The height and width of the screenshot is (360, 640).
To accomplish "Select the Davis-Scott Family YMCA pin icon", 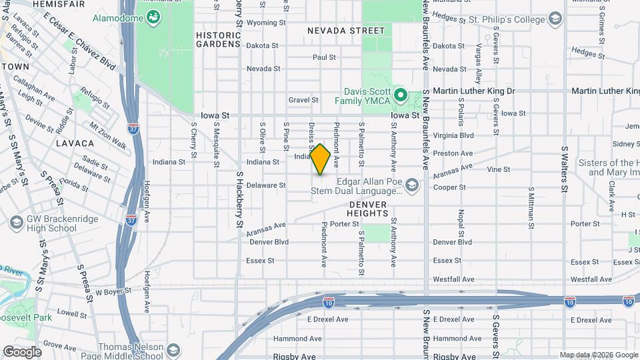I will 400,95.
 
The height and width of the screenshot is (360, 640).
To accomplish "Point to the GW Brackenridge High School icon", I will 15,221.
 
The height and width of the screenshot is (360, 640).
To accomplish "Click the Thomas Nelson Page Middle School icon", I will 173,350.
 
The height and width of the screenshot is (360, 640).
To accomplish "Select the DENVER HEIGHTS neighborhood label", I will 367,207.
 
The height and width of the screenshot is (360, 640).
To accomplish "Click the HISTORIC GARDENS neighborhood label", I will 218,39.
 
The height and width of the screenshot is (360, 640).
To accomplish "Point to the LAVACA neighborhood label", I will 70,143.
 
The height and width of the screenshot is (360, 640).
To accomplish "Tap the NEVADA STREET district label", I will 346,31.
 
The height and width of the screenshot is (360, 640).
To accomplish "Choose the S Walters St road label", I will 565,169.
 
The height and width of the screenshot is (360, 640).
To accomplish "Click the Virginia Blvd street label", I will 453,135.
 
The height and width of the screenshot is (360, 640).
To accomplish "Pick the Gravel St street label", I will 303,100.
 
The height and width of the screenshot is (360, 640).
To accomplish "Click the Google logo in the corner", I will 21,351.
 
